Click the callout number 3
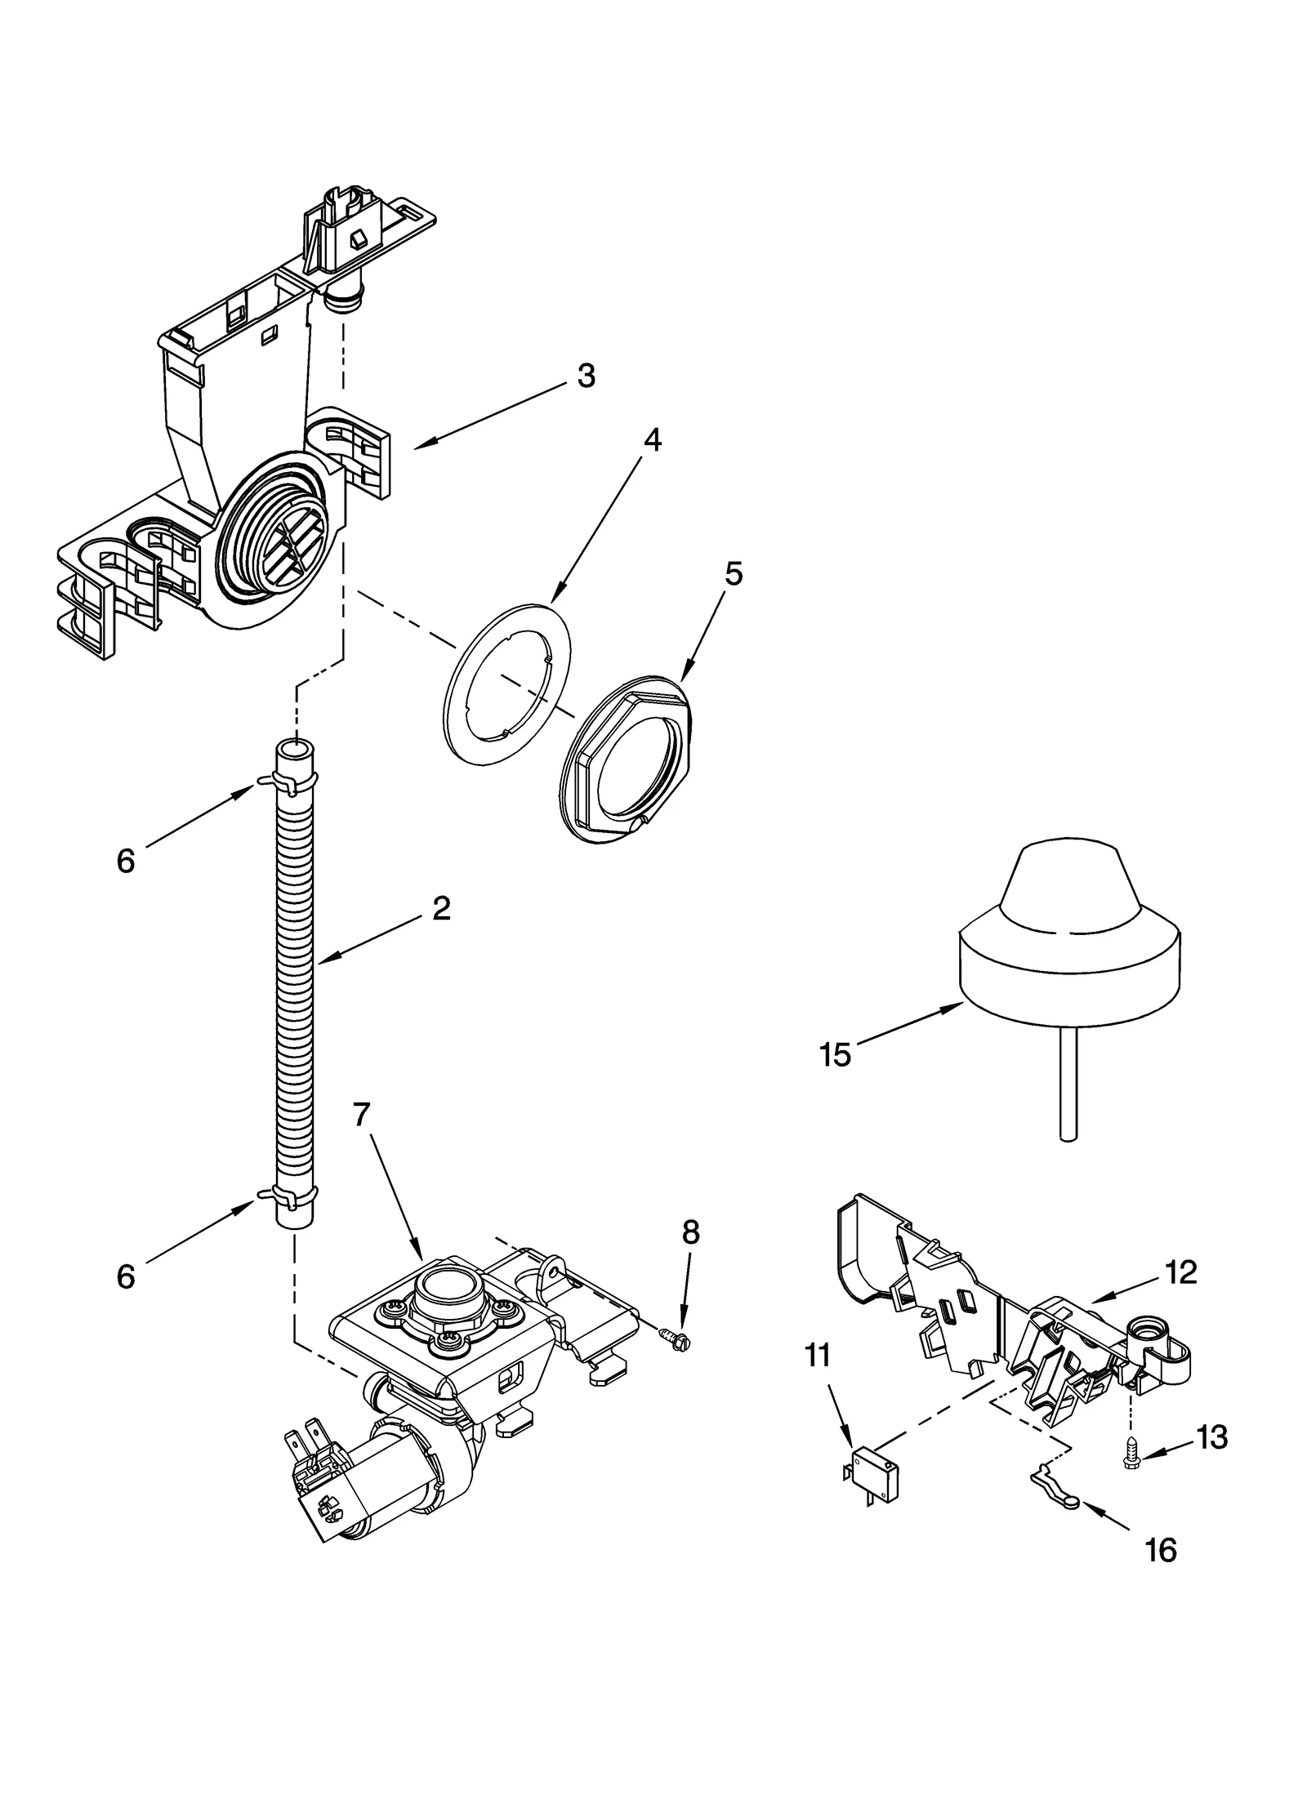pyautogui.click(x=586, y=376)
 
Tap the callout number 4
pyautogui.click(x=651, y=439)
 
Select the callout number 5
pyautogui.click(x=733, y=574)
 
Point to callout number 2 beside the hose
pyautogui.click(x=441, y=908)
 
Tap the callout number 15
pyautogui.click(x=835, y=1055)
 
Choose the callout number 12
pyautogui.click(x=1182, y=1272)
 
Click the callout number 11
pyautogui.click(x=817, y=1355)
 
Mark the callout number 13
pyautogui.click(x=1211, y=1437)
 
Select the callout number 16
pyautogui.click(x=1161, y=1549)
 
